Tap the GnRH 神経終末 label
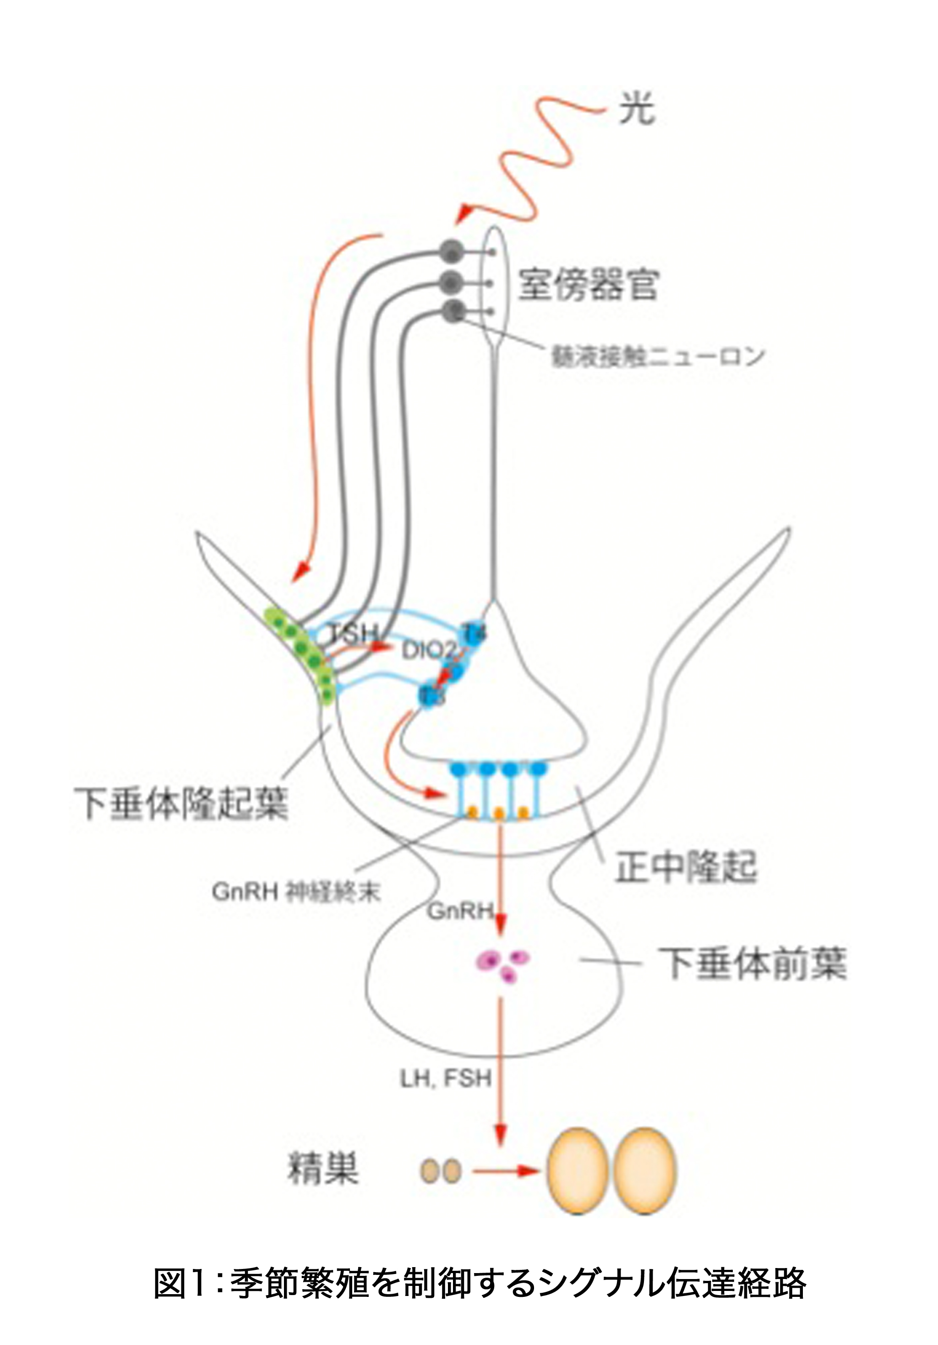(296, 893)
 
